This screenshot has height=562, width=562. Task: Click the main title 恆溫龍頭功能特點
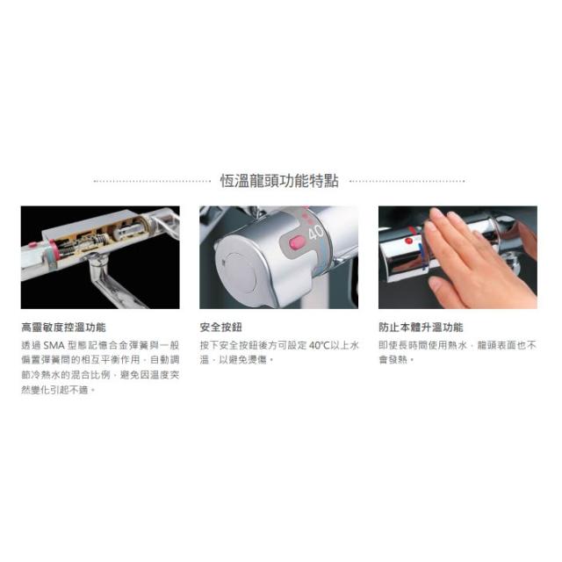click(x=279, y=181)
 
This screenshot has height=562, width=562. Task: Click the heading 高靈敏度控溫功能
click(x=63, y=328)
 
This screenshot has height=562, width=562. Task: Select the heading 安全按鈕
click(x=220, y=328)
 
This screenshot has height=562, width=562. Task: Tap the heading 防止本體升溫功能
click(x=421, y=328)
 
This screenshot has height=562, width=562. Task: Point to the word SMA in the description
click(x=54, y=345)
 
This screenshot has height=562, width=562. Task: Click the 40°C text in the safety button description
click(x=319, y=345)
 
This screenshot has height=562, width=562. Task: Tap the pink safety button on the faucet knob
click(x=297, y=242)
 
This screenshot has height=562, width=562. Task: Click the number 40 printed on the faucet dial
click(x=315, y=233)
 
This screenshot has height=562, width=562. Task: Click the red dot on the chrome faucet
click(x=408, y=241)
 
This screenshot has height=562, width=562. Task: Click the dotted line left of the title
click(x=152, y=182)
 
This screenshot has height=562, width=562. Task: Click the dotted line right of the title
click(x=407, y=182)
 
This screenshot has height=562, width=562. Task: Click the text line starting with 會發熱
click(x=396, y=359)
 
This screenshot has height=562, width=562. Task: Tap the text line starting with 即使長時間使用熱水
click(x=458, y=345)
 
